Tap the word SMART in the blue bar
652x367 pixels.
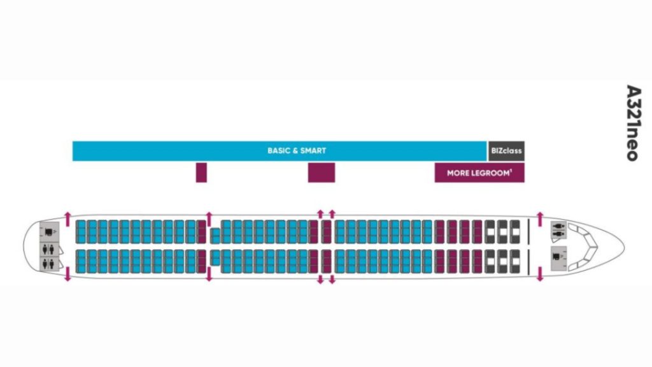coord(313,151)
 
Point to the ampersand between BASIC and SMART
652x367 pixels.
coord(295,151)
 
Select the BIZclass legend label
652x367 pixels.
coord(506,151)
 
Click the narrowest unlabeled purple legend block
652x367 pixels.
coord(201,173)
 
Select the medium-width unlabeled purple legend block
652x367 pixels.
coord(322,173)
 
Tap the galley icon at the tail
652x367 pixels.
coord(48,230)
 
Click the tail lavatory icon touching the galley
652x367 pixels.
coord(48,247)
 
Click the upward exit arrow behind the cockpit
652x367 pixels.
coord(540,218)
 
